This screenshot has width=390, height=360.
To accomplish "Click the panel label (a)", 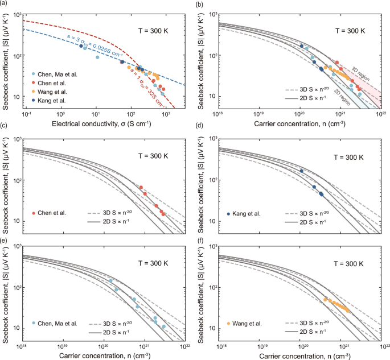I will pos(5,4).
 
